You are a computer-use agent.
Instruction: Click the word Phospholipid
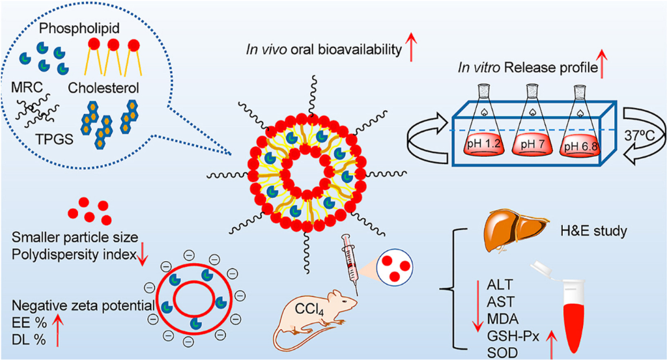pos(79,29)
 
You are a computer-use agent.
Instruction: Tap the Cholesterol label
pos(104,88)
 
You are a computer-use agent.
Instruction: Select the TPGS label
pos(55,139)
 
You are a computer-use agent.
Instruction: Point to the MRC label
pos(27,87)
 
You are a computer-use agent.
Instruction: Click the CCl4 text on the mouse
pos(309,309)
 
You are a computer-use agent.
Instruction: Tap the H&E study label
pos(594,231)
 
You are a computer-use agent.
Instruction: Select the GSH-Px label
pos(513,337)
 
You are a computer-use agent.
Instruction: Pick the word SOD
pos(502,353)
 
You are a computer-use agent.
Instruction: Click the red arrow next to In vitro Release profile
pos(602,64)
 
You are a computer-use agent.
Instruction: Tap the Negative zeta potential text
pos(83,305)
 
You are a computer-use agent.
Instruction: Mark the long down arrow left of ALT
pos(477,305)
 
